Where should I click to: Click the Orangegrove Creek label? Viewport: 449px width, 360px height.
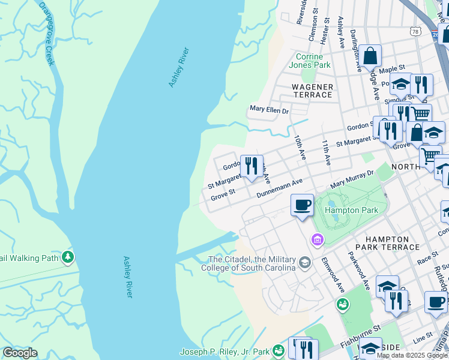[x=46, y=34]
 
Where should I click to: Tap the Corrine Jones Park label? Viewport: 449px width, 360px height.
[x=309, y=61]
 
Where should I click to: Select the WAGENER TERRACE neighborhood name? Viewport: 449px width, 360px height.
[x=312, y=91]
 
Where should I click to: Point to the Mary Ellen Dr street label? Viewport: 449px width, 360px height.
[x=269, y=110]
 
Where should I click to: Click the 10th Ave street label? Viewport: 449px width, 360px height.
[x=300, y=147]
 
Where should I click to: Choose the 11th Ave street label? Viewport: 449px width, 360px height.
[x=326, y=153]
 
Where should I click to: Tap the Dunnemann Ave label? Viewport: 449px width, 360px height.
[x=279, y=188]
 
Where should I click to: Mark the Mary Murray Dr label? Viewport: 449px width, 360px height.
[x=352, y=178]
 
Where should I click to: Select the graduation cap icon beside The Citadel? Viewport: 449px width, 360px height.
[x=306, y=263]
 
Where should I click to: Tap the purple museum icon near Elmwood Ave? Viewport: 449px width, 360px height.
[x=317, y=240]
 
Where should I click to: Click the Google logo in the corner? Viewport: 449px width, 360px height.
[x=20, y=353]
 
